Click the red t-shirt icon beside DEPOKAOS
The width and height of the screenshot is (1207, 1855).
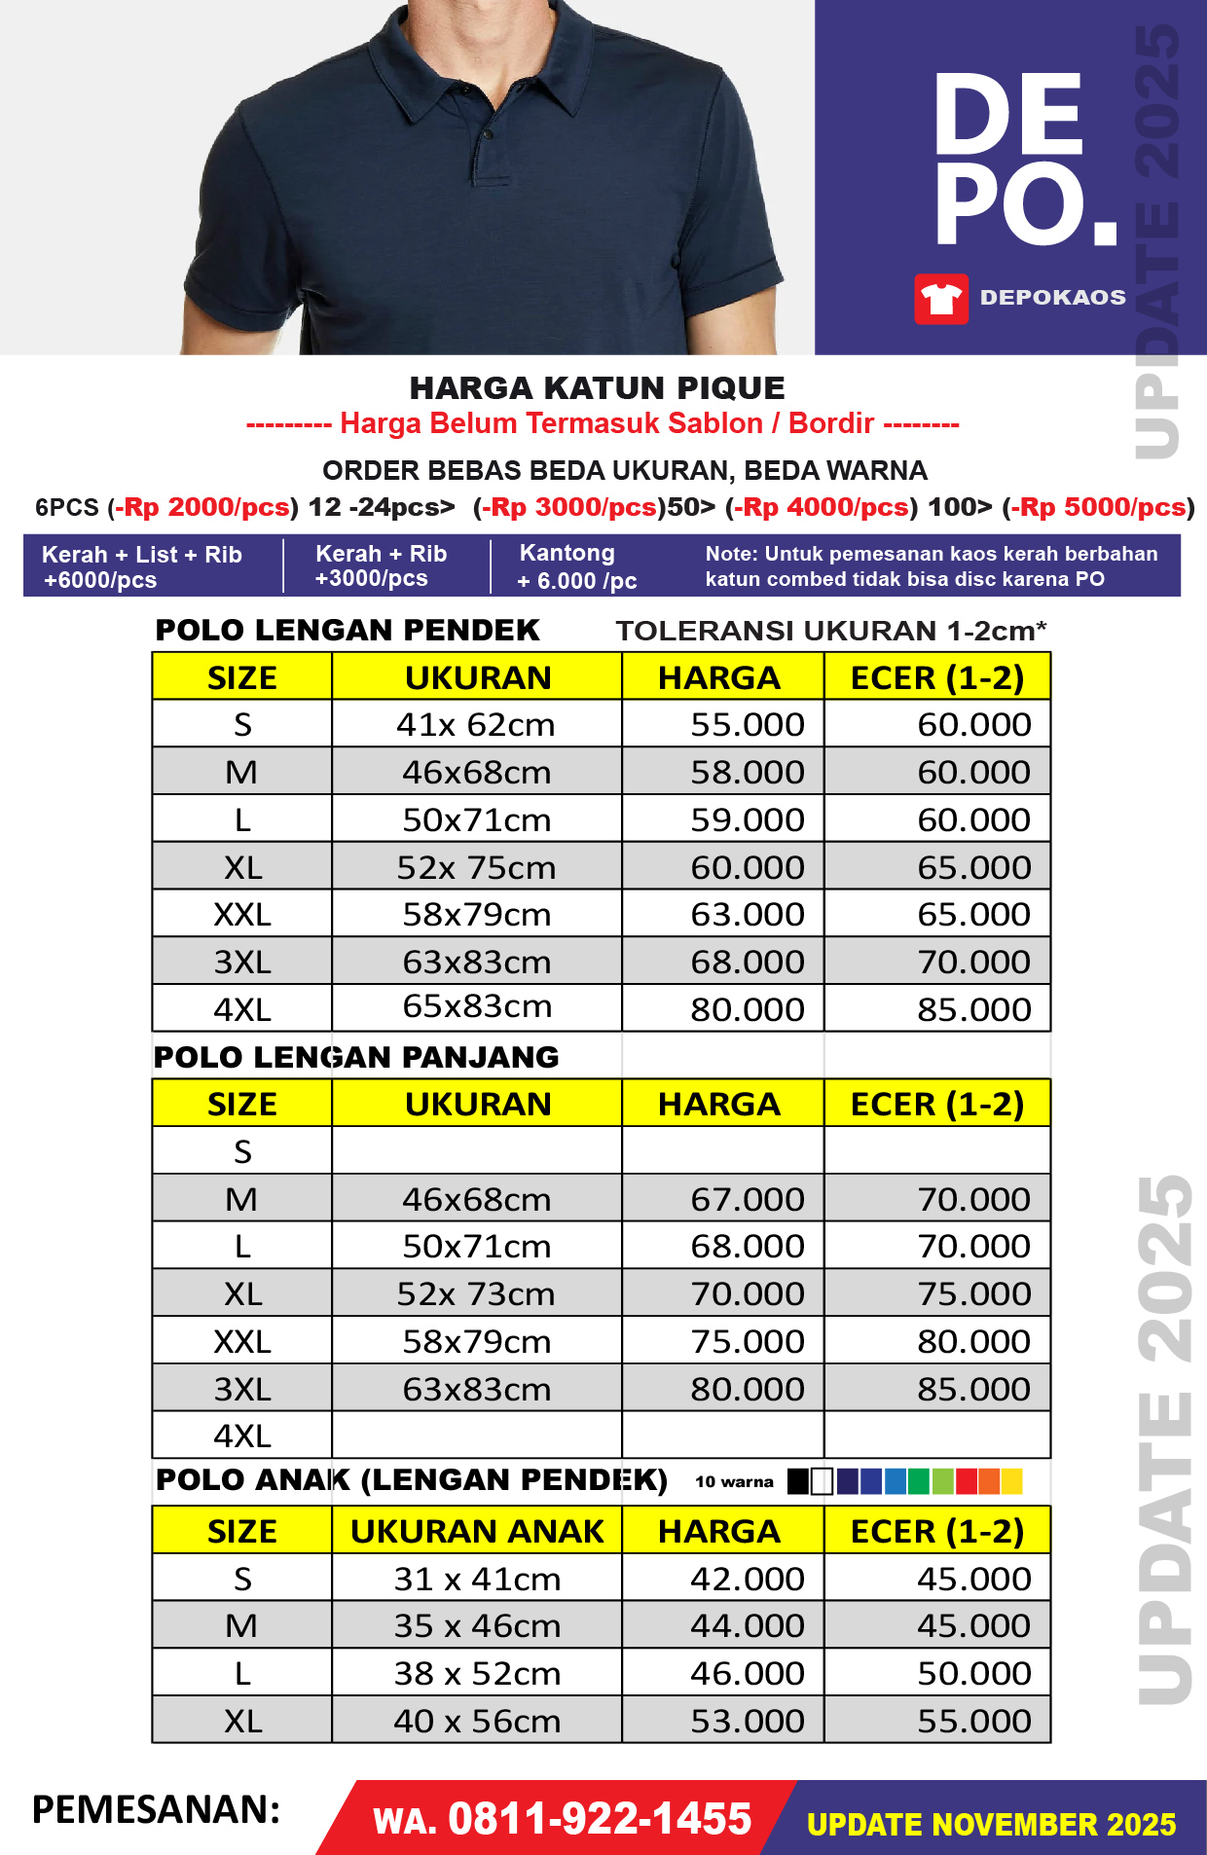(940, 298)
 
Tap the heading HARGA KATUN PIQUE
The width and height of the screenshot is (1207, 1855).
(597, 388)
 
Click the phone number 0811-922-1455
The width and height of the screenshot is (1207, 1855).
(600, 1818)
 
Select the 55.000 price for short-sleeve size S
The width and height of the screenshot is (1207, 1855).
(747, 724)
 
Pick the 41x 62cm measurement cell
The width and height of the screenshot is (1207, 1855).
(476, 724)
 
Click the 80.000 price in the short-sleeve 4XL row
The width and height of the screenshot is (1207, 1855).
(747, 1009)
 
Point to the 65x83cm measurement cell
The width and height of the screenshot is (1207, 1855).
(477, 1006)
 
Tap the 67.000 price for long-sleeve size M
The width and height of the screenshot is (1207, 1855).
(747, 1199)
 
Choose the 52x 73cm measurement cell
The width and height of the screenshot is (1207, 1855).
(476, 1293)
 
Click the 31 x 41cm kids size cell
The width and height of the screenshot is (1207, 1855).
(477, 1579)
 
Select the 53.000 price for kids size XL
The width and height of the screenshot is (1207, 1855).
(747, 1721)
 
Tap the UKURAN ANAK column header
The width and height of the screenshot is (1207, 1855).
(477, 1531)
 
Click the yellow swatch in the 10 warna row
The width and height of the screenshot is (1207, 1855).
(1012, 1481)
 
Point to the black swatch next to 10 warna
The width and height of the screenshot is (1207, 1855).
(798, 1481)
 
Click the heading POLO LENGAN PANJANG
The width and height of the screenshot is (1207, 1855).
(356, 1057)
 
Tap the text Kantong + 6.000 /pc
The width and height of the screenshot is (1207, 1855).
(576, 566)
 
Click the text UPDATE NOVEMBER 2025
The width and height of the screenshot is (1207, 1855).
(991, 1824)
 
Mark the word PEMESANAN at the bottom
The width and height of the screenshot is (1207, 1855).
(156, 1810)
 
